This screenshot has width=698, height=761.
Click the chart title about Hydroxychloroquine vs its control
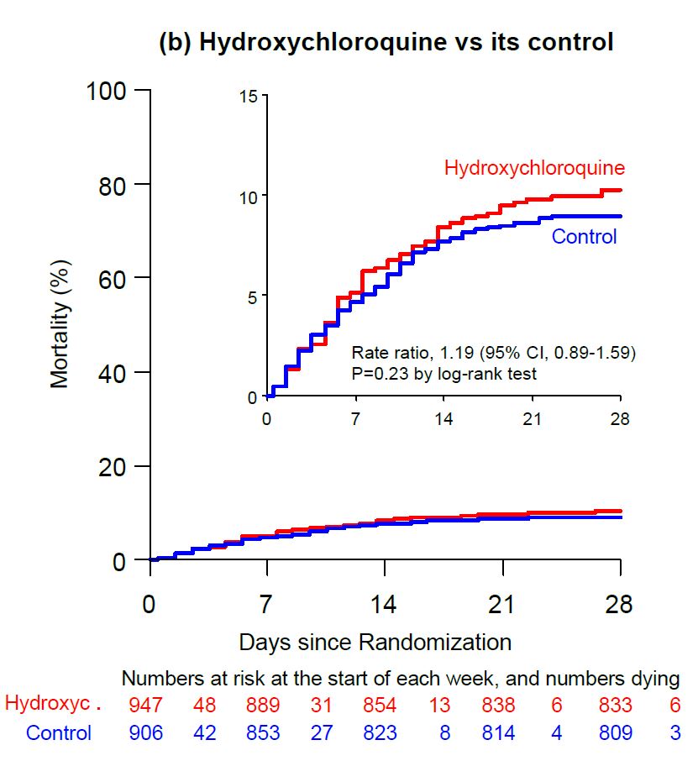tap(386, 43)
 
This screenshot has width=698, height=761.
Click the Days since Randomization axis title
tap(375, 643)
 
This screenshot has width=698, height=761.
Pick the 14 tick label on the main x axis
tap(385, 605)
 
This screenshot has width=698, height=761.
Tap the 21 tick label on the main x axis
tap(502, 605)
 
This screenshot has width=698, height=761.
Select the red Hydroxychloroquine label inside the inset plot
tap(534, 167)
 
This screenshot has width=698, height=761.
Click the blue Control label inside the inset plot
tap(584, 237)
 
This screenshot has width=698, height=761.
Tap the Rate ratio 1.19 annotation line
tap(494, 353)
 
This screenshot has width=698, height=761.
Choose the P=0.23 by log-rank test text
tap(444, 373)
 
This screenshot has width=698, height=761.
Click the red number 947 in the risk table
tap(146, 704)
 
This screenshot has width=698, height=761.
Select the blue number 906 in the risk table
tap(146, 732)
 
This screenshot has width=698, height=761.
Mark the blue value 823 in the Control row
tap(380, 732)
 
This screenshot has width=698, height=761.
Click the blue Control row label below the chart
tap(59, 732)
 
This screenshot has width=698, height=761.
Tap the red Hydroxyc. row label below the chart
tap(53, 704)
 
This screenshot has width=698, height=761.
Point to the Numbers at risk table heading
tap(401, 677)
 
